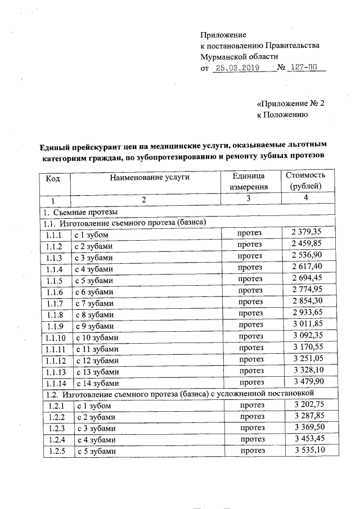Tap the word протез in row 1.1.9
click(250, 326)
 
